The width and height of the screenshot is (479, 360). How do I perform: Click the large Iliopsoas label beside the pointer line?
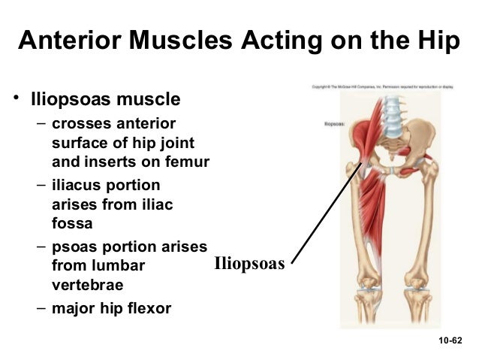(249, 264)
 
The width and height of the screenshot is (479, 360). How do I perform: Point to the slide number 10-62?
(450, 341)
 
